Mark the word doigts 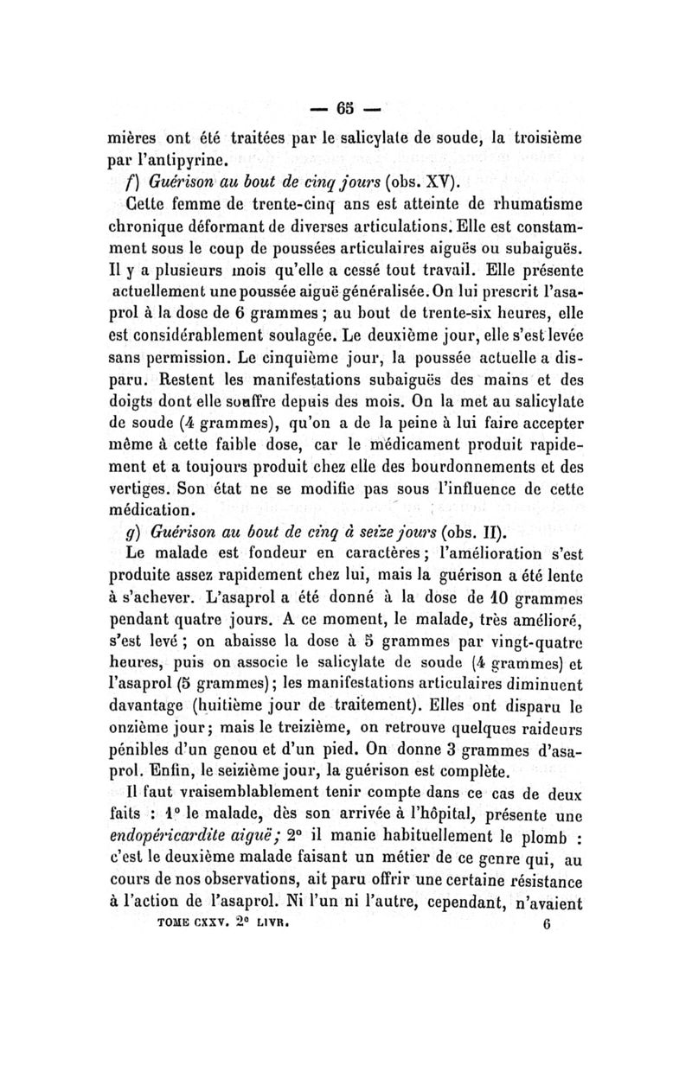pyautogui.click(x=130, y=399)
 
